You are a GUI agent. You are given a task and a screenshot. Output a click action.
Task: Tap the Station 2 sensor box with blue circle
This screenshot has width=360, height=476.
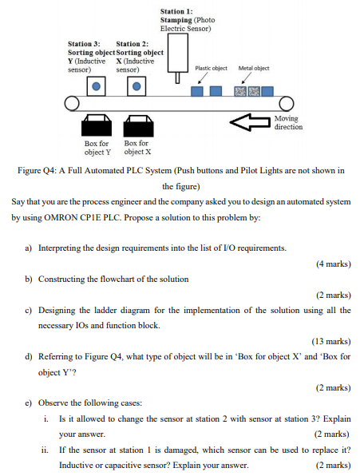pos(136,85)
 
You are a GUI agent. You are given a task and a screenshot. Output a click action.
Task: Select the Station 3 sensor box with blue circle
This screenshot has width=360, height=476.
pos(97,85)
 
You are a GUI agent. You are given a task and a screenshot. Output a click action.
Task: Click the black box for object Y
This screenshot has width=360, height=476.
pos(97,126)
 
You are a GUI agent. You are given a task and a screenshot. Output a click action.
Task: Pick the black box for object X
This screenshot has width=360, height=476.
pos(136,126)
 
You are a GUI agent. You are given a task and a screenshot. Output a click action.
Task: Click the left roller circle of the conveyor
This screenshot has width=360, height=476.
pos(72,104)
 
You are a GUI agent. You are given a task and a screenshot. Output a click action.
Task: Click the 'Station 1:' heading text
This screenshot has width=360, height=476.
pos(176,11)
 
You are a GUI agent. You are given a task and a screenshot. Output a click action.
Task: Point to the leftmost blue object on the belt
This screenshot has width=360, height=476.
pos(197,91)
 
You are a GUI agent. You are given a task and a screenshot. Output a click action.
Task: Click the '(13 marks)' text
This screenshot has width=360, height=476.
pos(330,341)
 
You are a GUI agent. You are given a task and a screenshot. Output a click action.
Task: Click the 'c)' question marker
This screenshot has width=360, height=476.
pos(29,310)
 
